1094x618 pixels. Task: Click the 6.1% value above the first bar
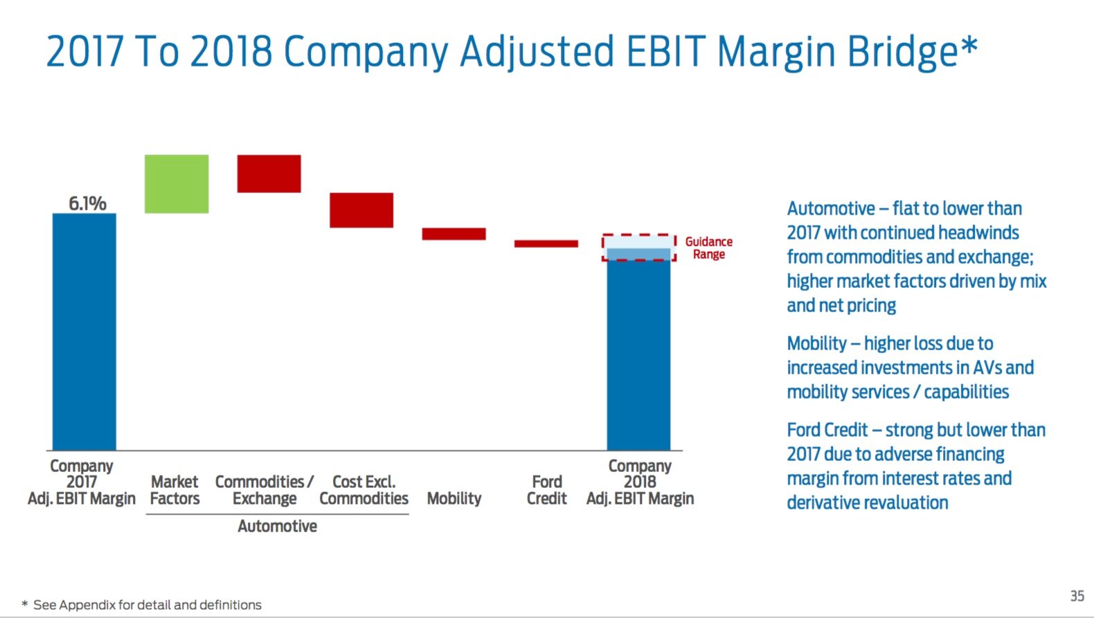point(87,203)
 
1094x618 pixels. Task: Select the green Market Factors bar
point(177,183)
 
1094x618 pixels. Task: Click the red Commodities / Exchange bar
point(269,173)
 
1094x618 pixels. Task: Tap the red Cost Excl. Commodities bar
point(361,210)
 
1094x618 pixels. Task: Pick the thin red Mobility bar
point(454,234)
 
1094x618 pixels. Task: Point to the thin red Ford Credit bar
point(546,244)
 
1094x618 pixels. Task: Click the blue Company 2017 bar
point(84,332)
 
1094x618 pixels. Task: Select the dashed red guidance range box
point(638,247)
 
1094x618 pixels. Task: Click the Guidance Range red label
point(708,248)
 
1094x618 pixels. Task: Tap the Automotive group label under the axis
point(277,527)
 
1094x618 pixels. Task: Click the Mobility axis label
point(454,498)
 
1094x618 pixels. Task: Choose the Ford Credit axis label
point(546,490)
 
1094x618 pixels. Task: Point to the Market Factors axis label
point(174,490)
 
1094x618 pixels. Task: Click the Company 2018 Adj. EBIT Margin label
point(640,482)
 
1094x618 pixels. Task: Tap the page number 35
point(1077,596)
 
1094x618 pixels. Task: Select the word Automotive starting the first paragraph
point(830,209)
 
